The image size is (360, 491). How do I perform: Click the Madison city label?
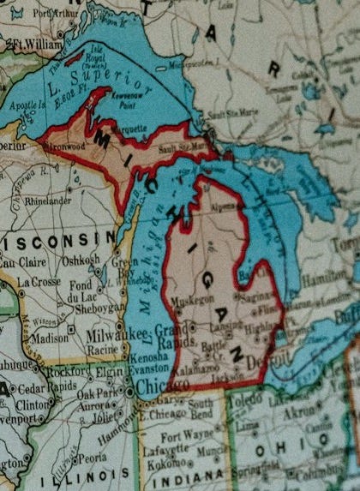(50, 338)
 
